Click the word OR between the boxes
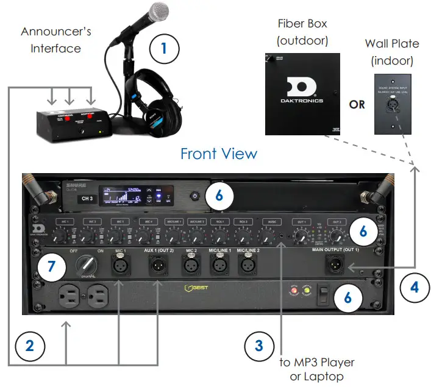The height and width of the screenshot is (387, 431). (357, 104)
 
